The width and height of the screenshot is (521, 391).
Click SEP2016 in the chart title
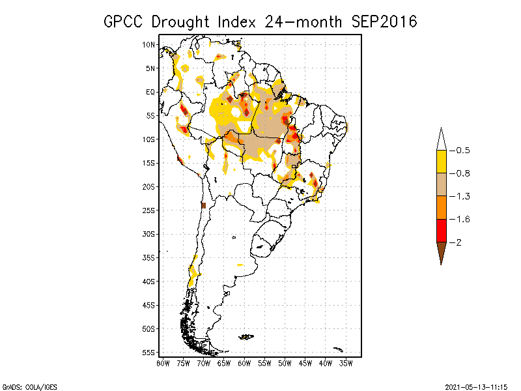click(384, 22)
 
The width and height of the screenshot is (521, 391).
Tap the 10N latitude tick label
click(149, 44)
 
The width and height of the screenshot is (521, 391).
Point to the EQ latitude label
click(150, 92)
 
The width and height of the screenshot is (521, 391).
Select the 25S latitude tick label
click(149, 210)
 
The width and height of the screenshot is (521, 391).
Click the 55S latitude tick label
click(149, 352)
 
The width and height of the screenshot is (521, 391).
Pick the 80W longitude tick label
click(163, 362)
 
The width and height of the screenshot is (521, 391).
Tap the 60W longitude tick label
click(245, 362)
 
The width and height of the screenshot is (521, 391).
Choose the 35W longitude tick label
click(346, 362)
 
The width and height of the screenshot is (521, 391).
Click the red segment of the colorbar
click(441, 231)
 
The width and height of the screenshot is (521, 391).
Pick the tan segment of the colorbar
click(441, 184)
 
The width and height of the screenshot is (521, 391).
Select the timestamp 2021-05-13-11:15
click(476, 386)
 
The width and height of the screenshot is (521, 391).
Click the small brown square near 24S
click(203, 205)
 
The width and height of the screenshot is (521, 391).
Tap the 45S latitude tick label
click(149, 304)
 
